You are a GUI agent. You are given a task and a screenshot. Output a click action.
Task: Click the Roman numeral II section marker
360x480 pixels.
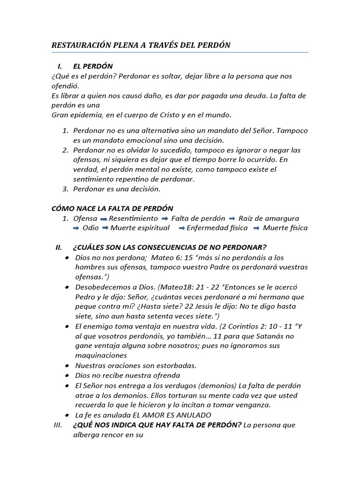point(59,247)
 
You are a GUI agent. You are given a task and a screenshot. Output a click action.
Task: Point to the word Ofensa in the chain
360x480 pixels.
point(85,218)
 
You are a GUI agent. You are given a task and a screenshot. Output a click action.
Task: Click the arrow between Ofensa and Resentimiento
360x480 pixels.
point(104,219)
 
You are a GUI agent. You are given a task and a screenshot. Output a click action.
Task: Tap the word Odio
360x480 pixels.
point(90,228)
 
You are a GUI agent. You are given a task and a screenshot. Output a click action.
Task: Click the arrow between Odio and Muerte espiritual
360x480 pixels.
point(106,228)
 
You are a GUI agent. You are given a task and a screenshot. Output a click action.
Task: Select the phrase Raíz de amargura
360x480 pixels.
point(269,218)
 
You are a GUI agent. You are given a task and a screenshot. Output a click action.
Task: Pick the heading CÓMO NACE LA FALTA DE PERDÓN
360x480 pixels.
point(112,208)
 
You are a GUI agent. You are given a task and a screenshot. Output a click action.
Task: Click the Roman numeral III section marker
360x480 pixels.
point(58,425)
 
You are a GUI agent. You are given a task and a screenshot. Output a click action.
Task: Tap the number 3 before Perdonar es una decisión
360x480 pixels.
point(65,189)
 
